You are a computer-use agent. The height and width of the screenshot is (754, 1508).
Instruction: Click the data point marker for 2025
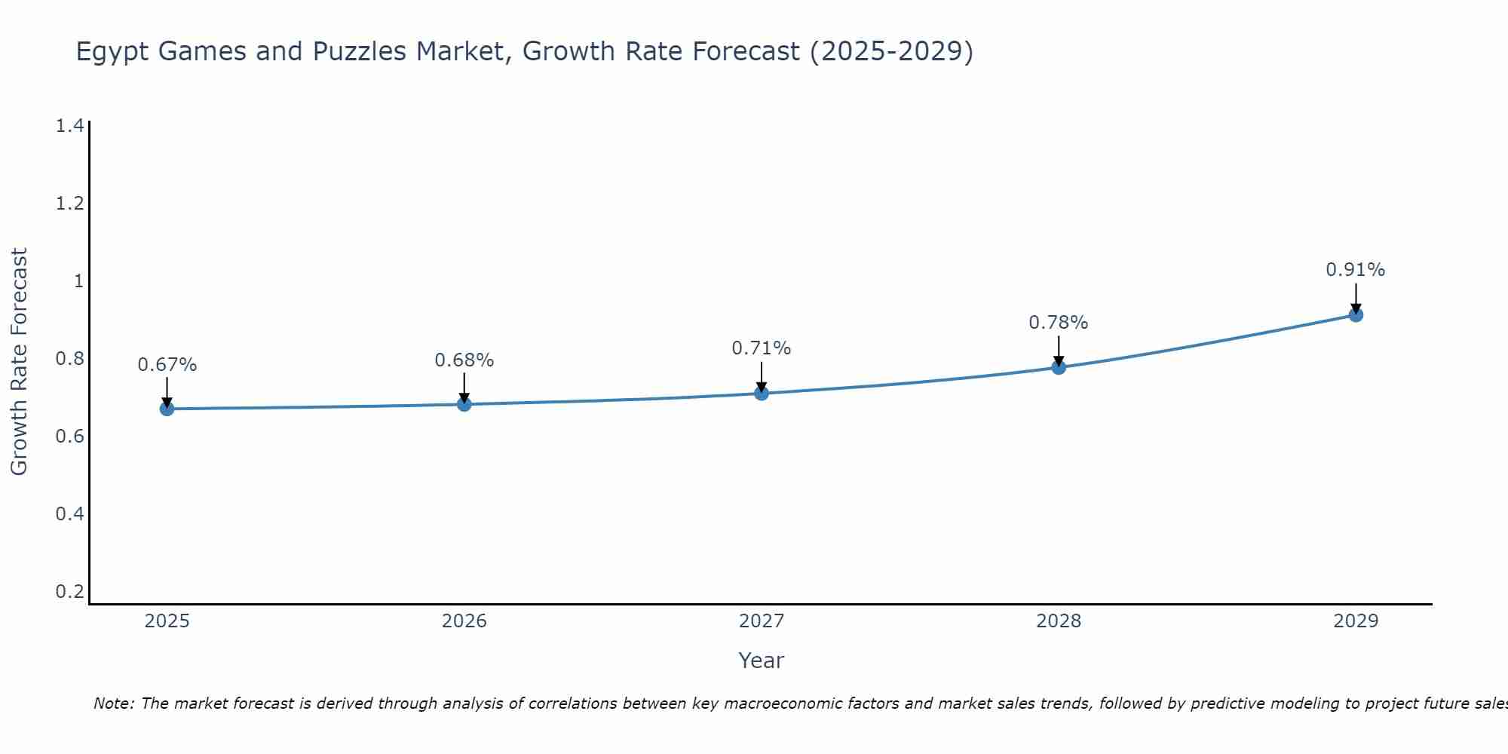point(167,409)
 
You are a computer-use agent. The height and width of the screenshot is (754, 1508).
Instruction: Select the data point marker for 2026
point(464,404)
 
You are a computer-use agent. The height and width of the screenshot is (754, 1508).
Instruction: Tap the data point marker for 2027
point(761,393)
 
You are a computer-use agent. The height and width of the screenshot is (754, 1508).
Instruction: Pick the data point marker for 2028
point(1059,367)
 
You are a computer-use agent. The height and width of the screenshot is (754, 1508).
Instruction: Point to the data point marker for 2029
point(1356,314)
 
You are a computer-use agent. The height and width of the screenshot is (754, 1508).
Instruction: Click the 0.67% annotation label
point(167,365)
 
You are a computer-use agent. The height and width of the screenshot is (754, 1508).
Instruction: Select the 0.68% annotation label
point(464,360)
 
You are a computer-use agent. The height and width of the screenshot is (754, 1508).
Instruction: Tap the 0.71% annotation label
point(761,348)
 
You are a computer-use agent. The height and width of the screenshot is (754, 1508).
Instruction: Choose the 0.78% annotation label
point(1059,323)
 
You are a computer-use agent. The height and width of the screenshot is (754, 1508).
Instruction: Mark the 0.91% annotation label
point(1356,270)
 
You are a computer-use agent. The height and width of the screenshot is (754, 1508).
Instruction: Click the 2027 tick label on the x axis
point(761,621)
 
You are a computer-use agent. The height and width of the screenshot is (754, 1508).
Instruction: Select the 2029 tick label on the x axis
point(1356,621)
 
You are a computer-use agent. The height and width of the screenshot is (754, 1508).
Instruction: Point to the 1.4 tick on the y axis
point(69,126)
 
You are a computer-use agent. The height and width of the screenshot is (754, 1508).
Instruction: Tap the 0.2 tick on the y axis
point(69,591)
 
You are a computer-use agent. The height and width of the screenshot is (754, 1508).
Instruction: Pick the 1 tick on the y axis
point(78,281)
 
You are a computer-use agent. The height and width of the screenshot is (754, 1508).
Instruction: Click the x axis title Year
point(761,661)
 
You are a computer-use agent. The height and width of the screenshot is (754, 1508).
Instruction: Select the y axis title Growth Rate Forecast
point(19,362)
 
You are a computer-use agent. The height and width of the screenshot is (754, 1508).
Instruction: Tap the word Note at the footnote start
point(114,703)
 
